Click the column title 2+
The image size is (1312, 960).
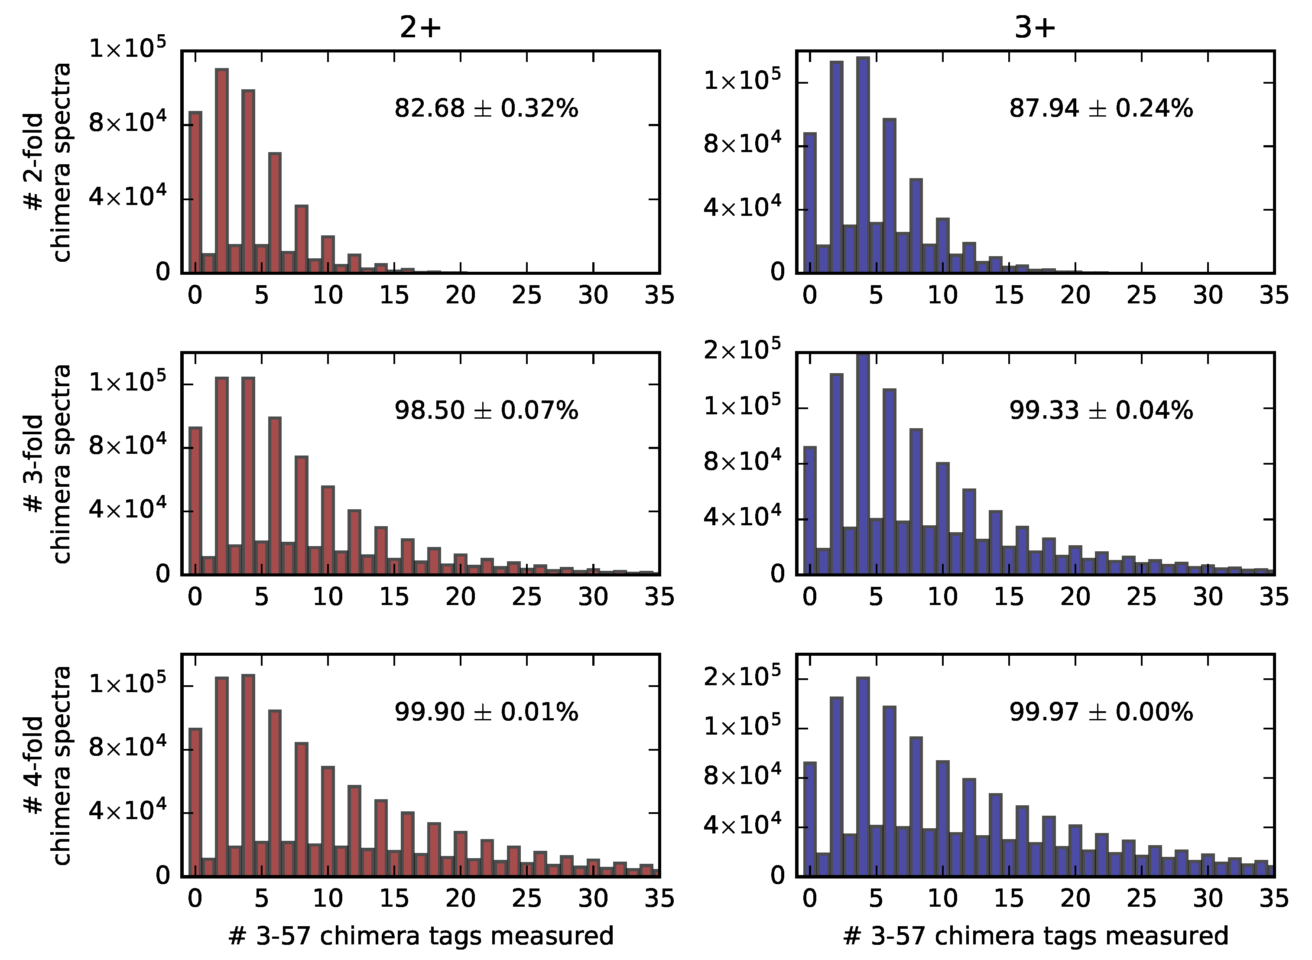tap(420, 27)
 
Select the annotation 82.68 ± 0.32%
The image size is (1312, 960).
tap(486, 109)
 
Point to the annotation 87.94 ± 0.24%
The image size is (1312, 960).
tap(1101, 109)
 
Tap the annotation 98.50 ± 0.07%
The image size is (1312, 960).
tap(486, 411)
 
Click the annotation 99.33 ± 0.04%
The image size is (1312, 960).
tap(1101, 411)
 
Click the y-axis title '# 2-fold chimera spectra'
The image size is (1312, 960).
tap(48, 163)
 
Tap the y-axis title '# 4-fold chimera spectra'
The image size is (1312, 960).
tap(48, 766)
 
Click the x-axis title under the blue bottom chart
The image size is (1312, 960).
tap(1036, 936)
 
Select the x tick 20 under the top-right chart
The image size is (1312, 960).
tap(1075, 295)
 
